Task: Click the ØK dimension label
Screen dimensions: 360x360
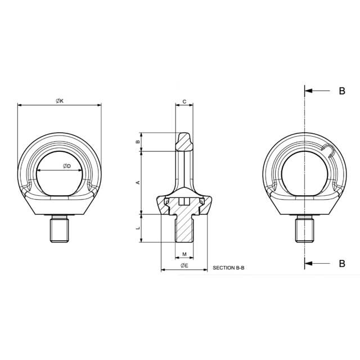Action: point(60,101)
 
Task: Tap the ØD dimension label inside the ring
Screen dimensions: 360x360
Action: point(67,166)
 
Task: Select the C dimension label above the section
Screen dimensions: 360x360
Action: point(184,101)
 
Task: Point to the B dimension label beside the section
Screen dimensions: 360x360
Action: point(138,142)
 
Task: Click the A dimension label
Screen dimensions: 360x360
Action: point(138,182)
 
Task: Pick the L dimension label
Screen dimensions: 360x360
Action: point(138,228)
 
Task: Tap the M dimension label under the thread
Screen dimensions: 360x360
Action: point(184,254)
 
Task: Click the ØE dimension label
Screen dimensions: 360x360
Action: point(184,265)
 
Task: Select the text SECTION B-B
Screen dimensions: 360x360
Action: point(228,268)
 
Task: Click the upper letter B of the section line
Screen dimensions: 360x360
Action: point(342,91)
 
